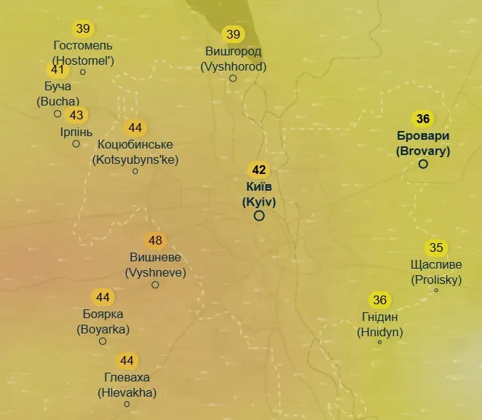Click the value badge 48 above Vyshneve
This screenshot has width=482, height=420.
pyautogui.click(x=155, y=241)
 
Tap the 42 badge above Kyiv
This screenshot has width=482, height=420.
pyautogui.click(x=258, y=170)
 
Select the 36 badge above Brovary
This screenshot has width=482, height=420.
pyautogui.click(x=423, y=119)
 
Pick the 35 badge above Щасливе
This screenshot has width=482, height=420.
pyautogui.click(x=436, y=248)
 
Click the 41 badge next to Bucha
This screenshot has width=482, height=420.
pyautogui.click(x=58, y=71)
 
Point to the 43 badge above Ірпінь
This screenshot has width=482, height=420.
pyautogui.click(x=76, y=116)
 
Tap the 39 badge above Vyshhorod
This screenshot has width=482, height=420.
pyautogui.click(x=233, y=34)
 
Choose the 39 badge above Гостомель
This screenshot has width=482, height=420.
pyautogui.click(x=83, y=29)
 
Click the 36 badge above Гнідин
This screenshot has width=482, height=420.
pyautogui.click(x=379, y=300)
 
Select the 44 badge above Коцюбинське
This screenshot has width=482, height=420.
pyautogui.click(x=135, y=128)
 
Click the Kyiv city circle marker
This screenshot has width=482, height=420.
pyautogui.click(x=258, y=215)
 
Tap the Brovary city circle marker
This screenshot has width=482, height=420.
pyautogui.click(x=423, y=164)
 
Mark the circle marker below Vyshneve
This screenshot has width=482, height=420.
pyautogui.click(x=155, y=285)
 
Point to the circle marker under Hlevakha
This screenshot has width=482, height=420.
pyautogui.click(x=127, y=404)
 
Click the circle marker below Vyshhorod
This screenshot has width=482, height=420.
pyautogui.click(x=233, y=78)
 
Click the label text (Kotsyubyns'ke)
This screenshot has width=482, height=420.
pyautogui.click(x=135, y=159)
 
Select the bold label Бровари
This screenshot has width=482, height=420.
pyautogui.click(x=423, y=136)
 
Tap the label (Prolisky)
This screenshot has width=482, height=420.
pyautogui.click(x=436, y=280)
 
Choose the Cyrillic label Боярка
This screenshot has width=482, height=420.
pyautogui.click(x=103, y=314)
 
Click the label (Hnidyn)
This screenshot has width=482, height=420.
pyautogui.click(x=380, y=332)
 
